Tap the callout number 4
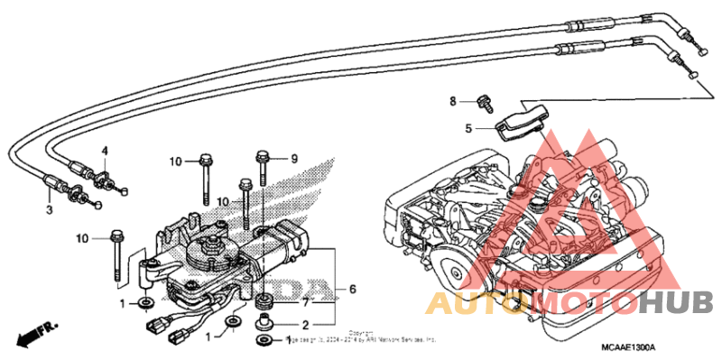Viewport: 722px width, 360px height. click(x=105, y=151)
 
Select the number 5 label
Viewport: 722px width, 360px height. click(x=468, y=129)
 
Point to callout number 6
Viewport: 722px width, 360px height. click(x=353, y=290)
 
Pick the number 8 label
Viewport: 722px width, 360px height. click(x=454, y=100)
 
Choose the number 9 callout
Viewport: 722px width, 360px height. click(x=293, y=158)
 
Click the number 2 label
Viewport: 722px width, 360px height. click(x=306, y=325)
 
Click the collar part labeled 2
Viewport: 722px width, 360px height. click(x=265, y=321)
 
